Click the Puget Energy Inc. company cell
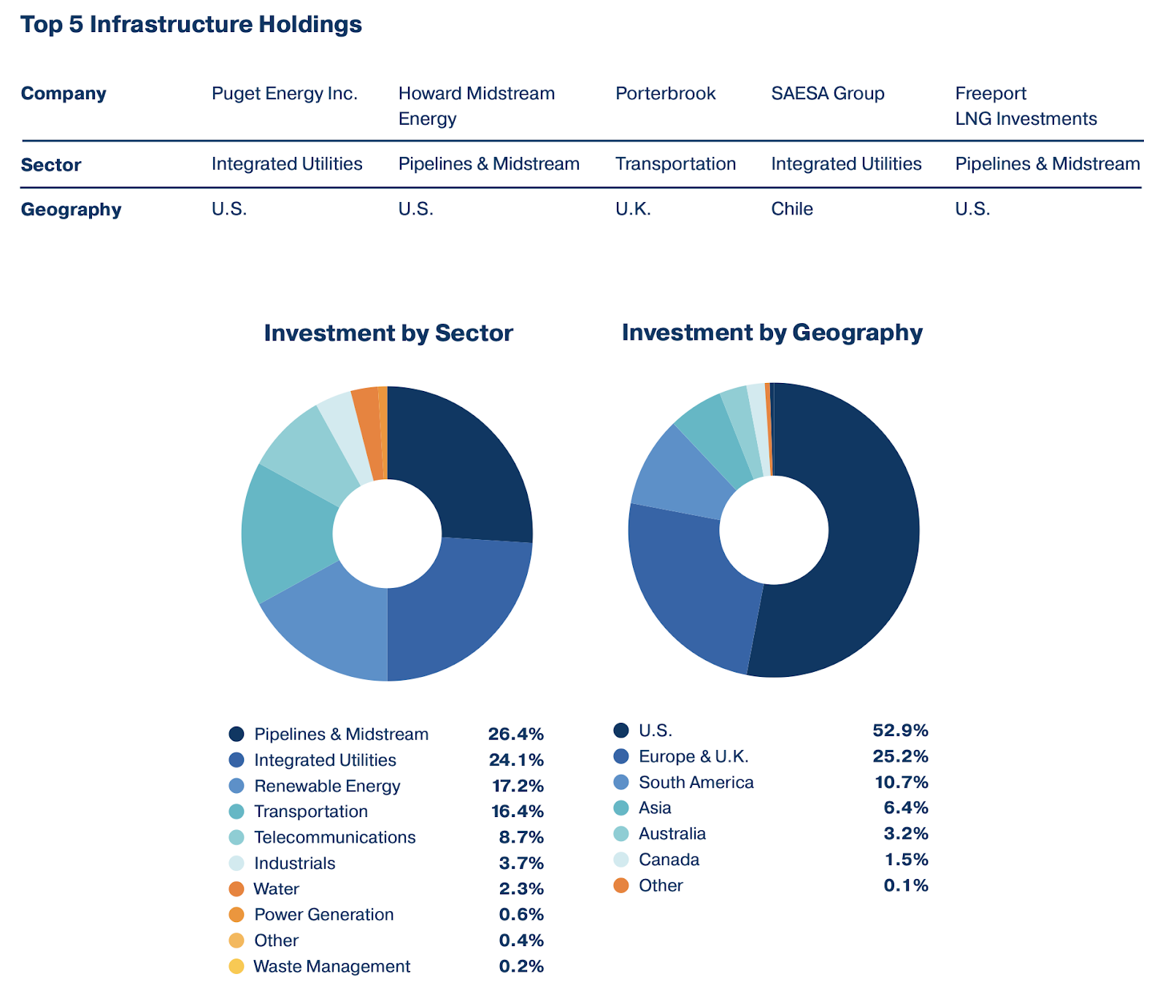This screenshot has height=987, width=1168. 284,93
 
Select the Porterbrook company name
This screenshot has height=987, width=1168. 665,93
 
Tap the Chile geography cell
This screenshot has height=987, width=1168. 791,209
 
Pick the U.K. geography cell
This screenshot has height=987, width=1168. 632,209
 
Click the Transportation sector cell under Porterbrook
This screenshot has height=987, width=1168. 675,163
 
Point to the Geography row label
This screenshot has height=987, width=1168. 71,209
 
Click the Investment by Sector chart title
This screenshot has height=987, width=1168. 388,333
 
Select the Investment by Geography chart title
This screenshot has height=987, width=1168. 772,332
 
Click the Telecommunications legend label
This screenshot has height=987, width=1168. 334,837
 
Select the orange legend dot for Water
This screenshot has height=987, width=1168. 236,889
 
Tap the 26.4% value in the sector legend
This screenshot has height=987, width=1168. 515,734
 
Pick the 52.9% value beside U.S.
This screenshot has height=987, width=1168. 900,730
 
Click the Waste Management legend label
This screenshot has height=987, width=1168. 331,966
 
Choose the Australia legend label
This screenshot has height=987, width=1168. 672,833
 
